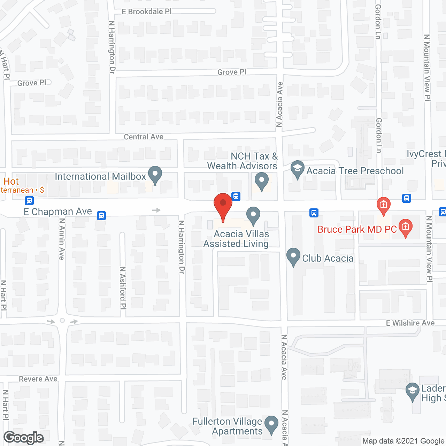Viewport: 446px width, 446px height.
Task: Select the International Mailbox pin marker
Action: pos(155,175)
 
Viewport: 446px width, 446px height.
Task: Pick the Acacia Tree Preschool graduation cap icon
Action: pos(297,169)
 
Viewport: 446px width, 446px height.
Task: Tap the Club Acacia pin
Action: pos(293,256)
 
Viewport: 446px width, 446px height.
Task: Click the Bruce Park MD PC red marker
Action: pos(405,228)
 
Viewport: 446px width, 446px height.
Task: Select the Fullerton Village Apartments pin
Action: pos(271,425)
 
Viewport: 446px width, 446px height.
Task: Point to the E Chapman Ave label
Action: pos(58,212)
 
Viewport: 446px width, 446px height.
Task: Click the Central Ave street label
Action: pos(144,137)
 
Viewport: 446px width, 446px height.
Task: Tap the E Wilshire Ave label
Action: pos(410,323)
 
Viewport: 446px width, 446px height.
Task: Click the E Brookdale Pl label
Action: pos(147,11)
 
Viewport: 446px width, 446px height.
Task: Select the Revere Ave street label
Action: pos(38,379)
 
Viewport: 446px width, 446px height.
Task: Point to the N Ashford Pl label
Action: pos(123,287)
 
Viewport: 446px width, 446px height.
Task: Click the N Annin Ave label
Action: pos(62,239)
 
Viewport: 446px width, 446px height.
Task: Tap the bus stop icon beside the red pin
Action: pos(236,197)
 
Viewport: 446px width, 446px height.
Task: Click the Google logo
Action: pos(24,438)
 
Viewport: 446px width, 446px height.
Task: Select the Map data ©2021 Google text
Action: pos(403,441)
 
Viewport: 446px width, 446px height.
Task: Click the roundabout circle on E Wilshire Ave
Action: pos(62,321)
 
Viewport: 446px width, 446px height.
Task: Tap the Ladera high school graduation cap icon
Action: pos(413,391)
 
